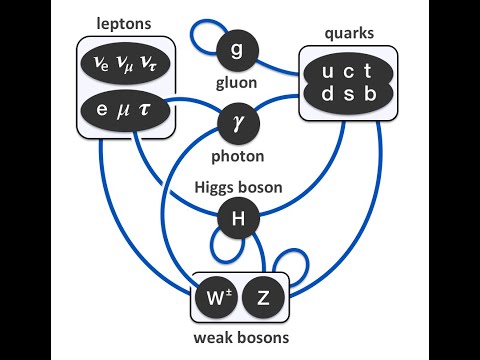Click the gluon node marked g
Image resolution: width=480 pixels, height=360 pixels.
(238, 49)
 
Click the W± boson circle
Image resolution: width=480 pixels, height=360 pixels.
(220, 297)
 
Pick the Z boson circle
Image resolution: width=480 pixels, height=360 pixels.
(264, 297)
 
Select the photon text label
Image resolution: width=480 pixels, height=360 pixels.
(238, 157)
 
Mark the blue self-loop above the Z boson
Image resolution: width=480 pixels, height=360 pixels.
(297, 262)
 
